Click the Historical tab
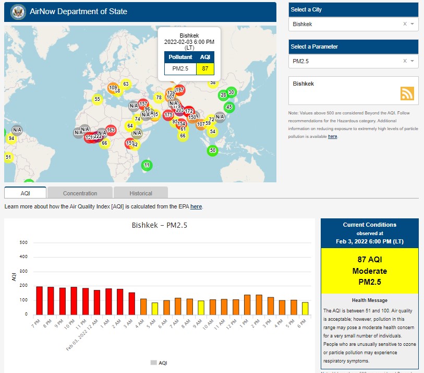[x=141, y=193]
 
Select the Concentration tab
[x=80, y=193]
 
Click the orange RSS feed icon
[x=407, y=93]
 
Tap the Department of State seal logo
[x=17, y=11]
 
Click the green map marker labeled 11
[x=147, y=165]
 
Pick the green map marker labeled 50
[x=212, y=150]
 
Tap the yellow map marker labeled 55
[x=97, y=99]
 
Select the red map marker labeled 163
[x=111, y=130]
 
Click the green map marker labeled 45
[x=228, y=107]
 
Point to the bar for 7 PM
[x=39, y=300]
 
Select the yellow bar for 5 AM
[x=154, y=309]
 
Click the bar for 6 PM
[x=305, y=308]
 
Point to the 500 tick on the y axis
[x=23, y=242]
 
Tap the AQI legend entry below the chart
[x=159, y=363]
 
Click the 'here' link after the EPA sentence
[x=196, y=206]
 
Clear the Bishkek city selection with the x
[x=405, y=24]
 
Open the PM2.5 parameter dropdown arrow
[x=412, y=61]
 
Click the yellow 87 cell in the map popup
[x=205, y=68]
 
